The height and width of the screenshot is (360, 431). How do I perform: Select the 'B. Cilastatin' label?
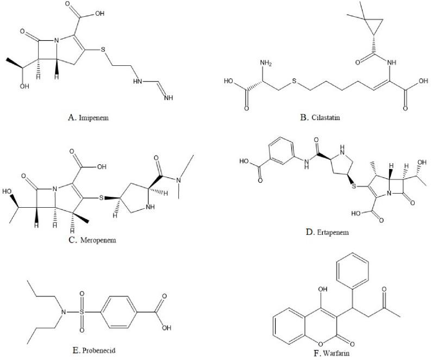pos(322,116)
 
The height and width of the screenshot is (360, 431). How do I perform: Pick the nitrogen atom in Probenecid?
pos(63,312)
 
